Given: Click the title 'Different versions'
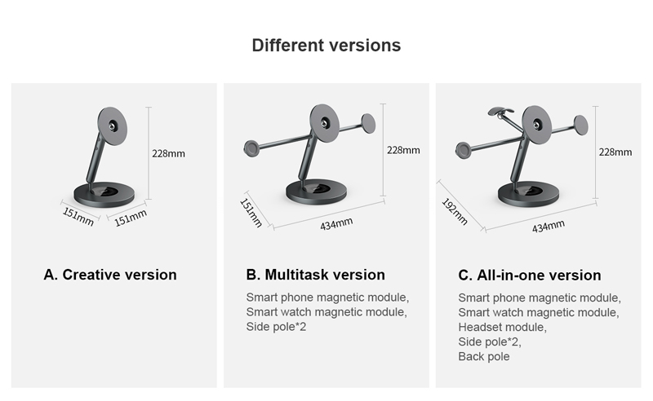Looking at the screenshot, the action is coord(326,46).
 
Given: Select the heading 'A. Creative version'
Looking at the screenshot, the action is coord(110,275).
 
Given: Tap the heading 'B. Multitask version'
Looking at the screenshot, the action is coord(315,275).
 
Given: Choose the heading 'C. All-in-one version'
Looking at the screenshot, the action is coord(529,275).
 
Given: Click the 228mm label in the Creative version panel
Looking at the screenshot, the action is coord(168,153).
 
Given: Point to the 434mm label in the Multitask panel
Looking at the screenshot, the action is coord(336,224).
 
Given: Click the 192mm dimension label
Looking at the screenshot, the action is coord(455,212).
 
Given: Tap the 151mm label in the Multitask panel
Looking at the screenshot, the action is coord(251,213).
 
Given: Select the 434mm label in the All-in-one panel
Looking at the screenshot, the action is coord(549,227).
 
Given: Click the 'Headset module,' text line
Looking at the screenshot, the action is coord(502,327).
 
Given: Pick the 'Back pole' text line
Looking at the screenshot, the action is coord(483,356).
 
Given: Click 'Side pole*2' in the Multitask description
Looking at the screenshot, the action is coord(276,327).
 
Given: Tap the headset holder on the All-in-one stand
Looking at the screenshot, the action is coord(500,111).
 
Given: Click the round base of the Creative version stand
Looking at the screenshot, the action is coord(104,194).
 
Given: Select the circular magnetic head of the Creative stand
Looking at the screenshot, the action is coord(113,126).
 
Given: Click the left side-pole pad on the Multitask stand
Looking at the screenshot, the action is coord(251,148).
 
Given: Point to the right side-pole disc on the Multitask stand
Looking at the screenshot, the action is coord(368,124).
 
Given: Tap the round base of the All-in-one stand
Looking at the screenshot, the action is coord(528,194).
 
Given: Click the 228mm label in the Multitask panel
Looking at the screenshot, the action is coord(403,150).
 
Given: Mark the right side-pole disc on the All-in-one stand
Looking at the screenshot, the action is coord(581,126).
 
